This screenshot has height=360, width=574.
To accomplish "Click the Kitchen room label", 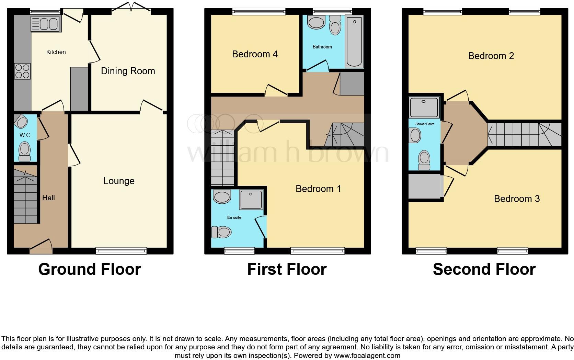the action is click(x=56, y=52).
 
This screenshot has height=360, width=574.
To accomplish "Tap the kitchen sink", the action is click(x=46, y=24).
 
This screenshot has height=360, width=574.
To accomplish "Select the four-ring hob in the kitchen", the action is click(x=22, y=71).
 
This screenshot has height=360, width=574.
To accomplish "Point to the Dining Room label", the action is click(x=128, y=71).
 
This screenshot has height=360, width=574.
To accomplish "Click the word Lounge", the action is click(x=119, y=181).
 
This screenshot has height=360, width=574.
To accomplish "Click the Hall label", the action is click(x=48, y=198).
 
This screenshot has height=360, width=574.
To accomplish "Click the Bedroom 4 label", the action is click(x=255, y=54).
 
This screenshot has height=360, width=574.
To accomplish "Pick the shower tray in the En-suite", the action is click(x=251, y=200).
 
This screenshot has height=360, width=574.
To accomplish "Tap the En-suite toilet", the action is click(x=221, y=232).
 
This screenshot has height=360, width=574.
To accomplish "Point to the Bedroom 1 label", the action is click(x=318, y=189).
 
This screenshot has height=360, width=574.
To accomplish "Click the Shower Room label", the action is click(x=425, y=124).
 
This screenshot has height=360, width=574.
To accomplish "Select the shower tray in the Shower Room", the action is click(x=424, y=107).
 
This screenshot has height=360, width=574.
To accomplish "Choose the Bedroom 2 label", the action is click(x=491, y=56).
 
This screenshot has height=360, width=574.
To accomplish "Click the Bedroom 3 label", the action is click(x=517, y=199).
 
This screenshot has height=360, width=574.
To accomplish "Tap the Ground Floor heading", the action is click(x=90, y=269).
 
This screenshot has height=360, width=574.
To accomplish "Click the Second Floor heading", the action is click(x=484, y=269).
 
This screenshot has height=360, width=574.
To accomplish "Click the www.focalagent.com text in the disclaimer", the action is click(x=367, y=356).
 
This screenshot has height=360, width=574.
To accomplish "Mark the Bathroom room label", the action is click(x=322, y=47).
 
